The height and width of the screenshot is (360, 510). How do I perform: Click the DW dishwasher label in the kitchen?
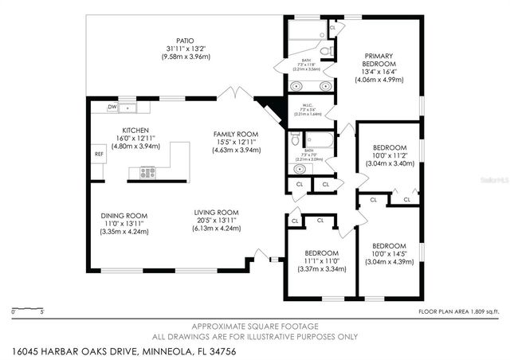pyautogui.click(x=113, y=107)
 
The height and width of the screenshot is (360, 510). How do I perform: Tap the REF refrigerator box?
pyautogui.click(x=99, y=154)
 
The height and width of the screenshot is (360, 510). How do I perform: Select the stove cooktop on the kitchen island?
pyautogui.click(x=147, y=171)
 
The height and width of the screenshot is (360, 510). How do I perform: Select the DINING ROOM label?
pyautogui.click(x=124, y=215)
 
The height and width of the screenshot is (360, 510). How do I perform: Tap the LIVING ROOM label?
pyautogui.click(x=218, y=212)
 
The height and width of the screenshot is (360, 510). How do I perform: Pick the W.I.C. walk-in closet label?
pyautogui.click(x=307, y=105)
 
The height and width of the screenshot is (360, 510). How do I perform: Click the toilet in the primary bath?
pyautogui.click(x=331, y=49)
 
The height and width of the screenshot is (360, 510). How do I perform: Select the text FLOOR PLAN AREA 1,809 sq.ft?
pyautogui.click(x=460, y=311)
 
